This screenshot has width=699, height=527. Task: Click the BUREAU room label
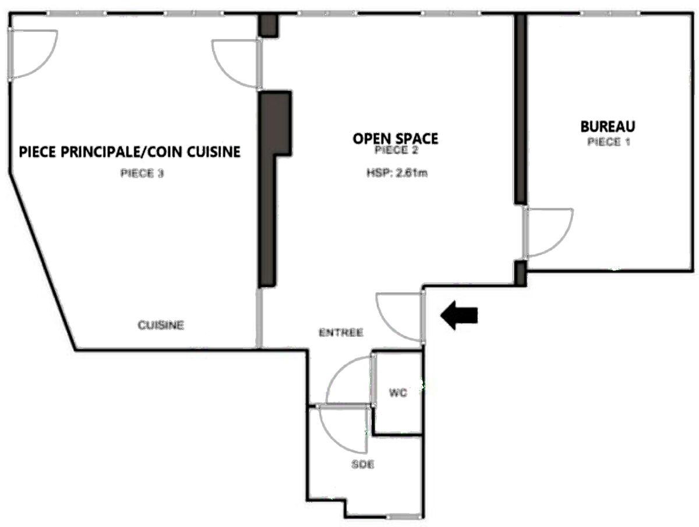[x=608, y=126]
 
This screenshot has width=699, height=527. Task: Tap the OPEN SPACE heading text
[x=395, y=138]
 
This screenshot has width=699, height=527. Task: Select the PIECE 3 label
[x=142, y=173]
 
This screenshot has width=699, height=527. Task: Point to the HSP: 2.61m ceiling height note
[x=397, y=173]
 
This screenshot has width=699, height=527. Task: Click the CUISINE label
[x=161, y=325]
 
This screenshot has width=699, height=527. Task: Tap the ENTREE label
[x=341, y=333]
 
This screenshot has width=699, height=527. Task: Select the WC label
[x=398, y=393]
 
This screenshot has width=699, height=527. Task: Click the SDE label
[x=362, y=465]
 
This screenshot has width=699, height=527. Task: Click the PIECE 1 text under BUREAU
[x=609, y=142]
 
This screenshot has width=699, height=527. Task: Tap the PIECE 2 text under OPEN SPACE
[x=396, y=150]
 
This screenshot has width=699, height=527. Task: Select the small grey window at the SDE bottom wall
[x=404, y=516]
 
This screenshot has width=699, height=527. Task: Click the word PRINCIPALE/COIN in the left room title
[x=122, y=152]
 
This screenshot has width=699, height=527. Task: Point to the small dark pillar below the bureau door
[x=520, y=273]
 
